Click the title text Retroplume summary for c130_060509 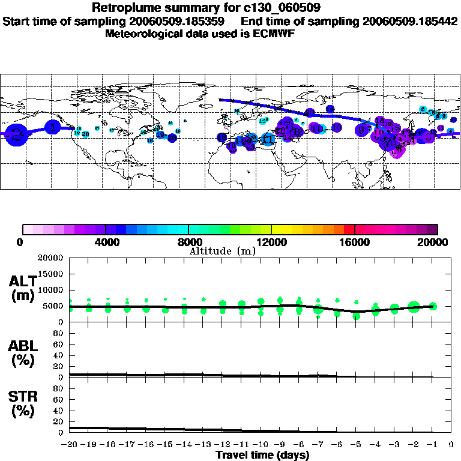pyautogui.click(x=205, y=8)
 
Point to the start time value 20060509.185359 pyautogui.click(x=179, y=21)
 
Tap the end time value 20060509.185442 pyautogui.click(x=410, y=21)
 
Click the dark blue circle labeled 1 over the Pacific pyautogui.click(x=54, y=127)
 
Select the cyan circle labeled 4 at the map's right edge pyautogui.click(x=451, y=130)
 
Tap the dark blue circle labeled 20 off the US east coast pyautogui.click(x=172, y=137)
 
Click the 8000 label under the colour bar pyautogui.click(x=188, y=242)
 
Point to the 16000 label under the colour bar pyautogui.click(x=354, y=242)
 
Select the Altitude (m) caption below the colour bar pyautogui.click(x=222, y=251)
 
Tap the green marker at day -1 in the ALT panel pyautogui.click(x=433, y=306)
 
